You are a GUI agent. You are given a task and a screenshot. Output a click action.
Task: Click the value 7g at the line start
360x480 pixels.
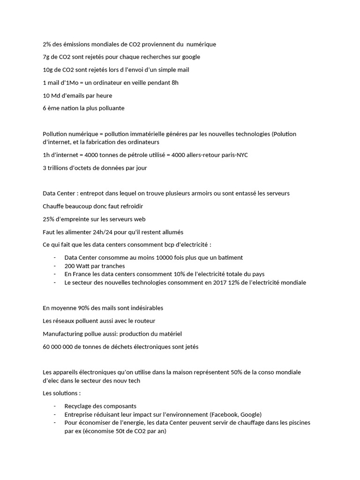point(46,57)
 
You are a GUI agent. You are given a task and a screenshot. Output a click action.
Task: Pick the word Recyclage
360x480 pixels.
point(79,406)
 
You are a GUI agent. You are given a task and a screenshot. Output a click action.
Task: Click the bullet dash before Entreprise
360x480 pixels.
point(55,414)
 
